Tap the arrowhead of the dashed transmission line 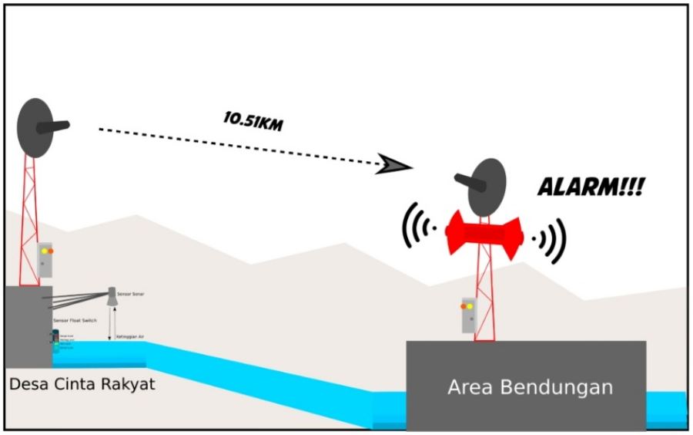[x=394, y=164]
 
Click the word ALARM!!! [x=591, y=187]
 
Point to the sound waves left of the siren [x=419, y=228]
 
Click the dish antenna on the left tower [x=37, y=127]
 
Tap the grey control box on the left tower [x=45, y=260]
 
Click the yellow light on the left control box [x=44, y=251]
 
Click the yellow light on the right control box [x=470, y=307]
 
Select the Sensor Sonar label [x=131, y=295]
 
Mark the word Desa [x=27, y=383]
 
